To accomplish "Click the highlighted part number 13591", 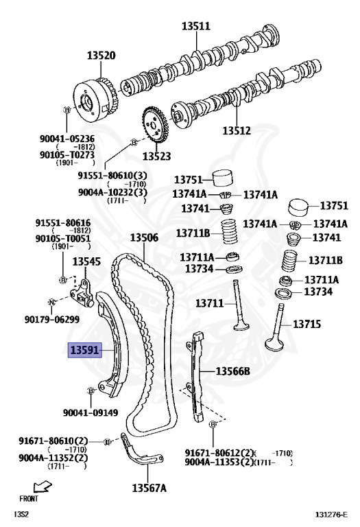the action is pyautogui.click(x=84, y=350).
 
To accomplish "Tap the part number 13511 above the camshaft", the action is pyautogui.click(x=196, y=26).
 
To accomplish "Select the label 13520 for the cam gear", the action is pyautogui.click(x=101, y=56).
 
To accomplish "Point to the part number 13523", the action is pyautogui.click(x=156, y=156).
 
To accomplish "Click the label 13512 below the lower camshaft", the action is pyautogui.click(x=237, y=130).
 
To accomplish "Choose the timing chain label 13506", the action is pyautogui.click(x=144, y=237).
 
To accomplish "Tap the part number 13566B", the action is pyautogui.click(x=232, y=371).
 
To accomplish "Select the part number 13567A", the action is pyautogui.click(x=149, y=488).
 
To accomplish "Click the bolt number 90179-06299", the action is pyautogui.click(x=52, y=319).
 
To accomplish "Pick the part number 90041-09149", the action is pyautogui.click(x=91, y=412).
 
